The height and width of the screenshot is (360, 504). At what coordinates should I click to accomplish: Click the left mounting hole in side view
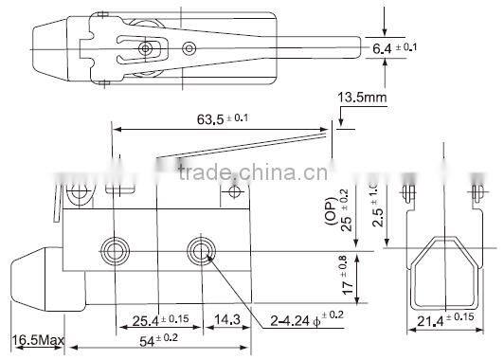(x=117, y=249)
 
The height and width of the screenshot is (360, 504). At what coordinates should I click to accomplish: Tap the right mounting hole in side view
(x=200, y=249)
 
